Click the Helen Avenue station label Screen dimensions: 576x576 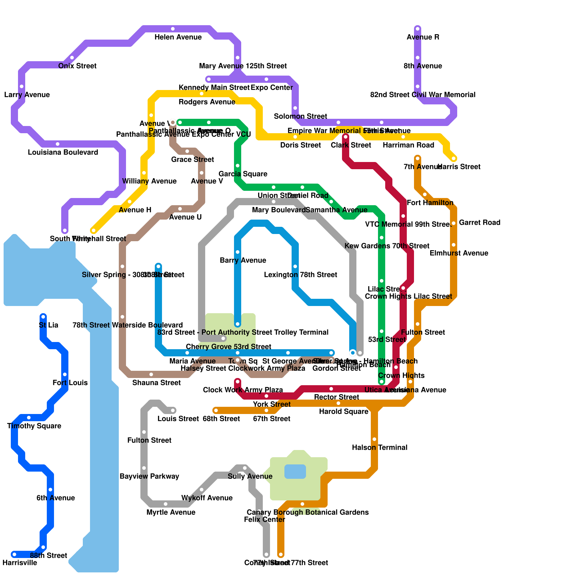click(178, 37)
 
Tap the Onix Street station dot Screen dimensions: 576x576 click(72, 58)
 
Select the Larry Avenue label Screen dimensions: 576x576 click(27, 95)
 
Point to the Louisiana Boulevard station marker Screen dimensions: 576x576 click(58, 144)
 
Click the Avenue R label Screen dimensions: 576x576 click(423, 37)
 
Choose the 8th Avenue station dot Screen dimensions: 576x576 click(418, 58)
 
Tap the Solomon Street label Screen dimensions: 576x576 click(300, 116)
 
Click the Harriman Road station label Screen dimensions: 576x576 click(408, 145)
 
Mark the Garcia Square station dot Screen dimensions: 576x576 click(238, 166)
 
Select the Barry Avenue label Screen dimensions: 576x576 click(243, 260)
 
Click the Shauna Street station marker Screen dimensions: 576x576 click(151, 374)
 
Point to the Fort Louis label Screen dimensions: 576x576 click(70, 383)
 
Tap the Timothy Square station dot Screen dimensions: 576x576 click(29, 418)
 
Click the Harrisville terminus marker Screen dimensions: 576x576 click(14, 554)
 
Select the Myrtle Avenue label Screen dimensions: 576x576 click(171, 512)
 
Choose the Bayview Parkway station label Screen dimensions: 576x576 click(149, 476)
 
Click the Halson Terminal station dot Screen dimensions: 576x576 click(374, 439)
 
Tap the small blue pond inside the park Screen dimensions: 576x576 click(295, 472)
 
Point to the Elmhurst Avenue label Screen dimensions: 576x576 click(459, 253)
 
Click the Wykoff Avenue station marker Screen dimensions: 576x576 click(202, 490)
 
